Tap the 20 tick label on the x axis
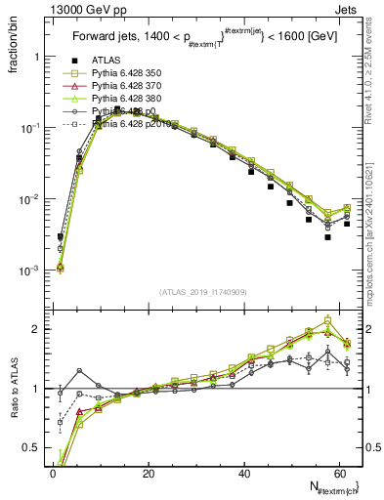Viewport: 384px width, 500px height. (x=149, y=474)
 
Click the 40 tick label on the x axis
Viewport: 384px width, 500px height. (x=244, y=474)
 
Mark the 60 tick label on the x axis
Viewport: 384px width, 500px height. (x=339, y=474)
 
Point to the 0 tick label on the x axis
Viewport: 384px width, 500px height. (x=53, y=474)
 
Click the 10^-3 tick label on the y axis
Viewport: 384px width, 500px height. (x=30, y=271)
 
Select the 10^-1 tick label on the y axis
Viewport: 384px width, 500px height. (x=30, y=128)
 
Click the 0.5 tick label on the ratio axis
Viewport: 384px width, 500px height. (x=30, y=449)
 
